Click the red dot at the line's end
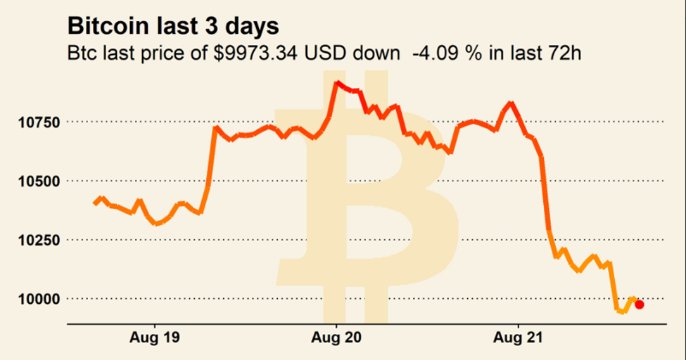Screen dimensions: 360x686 click(639, 304)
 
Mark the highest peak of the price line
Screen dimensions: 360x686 click(338, 83)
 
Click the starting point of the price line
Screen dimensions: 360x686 click(95, 204)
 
